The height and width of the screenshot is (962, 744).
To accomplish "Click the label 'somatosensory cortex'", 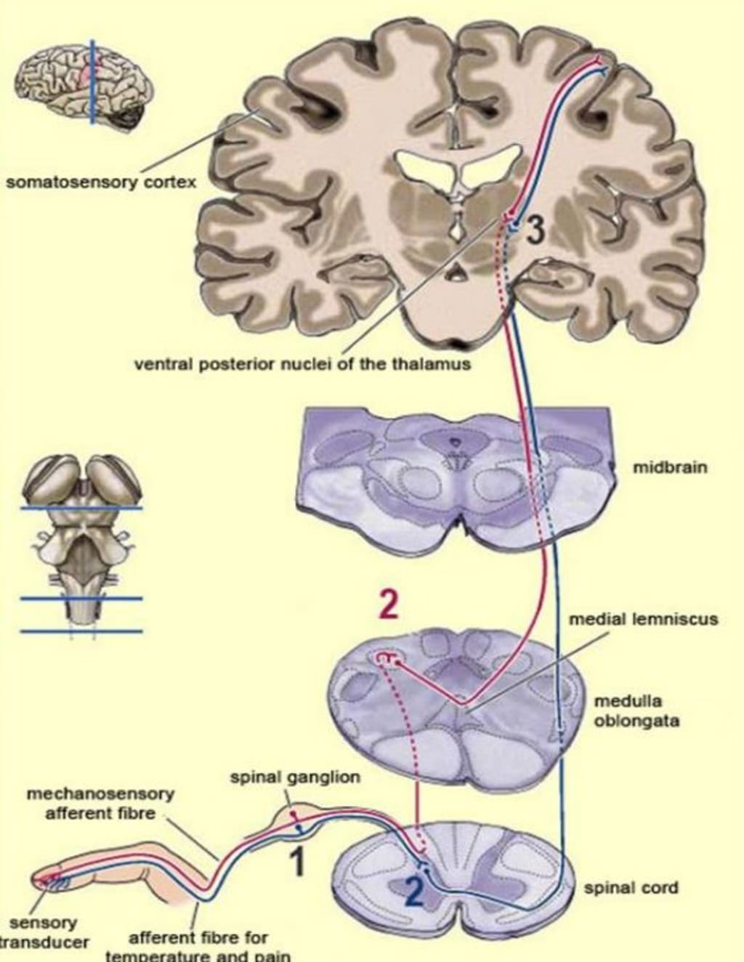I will point(101,182).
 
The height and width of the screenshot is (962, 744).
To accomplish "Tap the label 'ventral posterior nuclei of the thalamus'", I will point(302,363).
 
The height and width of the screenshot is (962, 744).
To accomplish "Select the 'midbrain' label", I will point(670,467).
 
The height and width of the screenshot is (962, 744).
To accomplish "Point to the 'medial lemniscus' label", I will point(643,620).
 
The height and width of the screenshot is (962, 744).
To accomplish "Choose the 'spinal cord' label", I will point(631,888).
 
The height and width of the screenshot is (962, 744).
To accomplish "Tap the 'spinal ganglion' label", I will point(295,777).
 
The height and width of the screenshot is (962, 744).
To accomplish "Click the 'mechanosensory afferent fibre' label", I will point(100,804).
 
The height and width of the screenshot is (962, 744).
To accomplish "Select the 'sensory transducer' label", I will point(44,932).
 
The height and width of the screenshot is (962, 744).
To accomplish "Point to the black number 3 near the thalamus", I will point(534,231).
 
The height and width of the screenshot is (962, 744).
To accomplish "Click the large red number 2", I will point(389,605).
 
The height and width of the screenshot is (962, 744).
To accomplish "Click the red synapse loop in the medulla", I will point(388,659).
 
